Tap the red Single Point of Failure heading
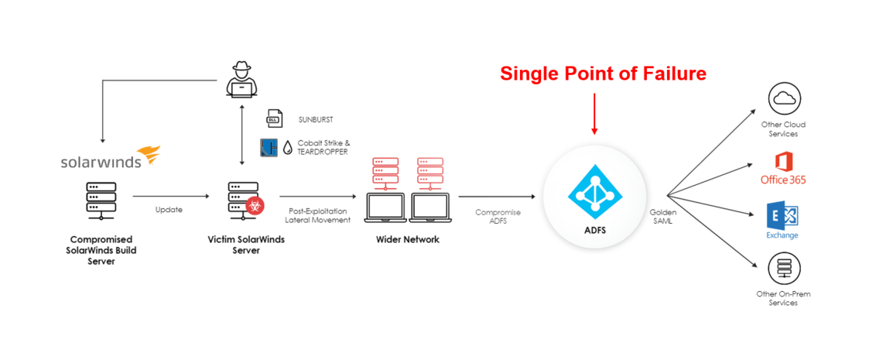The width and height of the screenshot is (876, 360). click(x=603, y=74)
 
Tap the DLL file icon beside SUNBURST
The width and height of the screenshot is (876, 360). click(x=273, y=119)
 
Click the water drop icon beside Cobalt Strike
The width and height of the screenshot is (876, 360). click(x=288, y=147)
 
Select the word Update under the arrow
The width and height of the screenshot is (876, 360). click(x=168, y=209)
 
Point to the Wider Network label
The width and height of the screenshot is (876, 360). click(x=407, y=239)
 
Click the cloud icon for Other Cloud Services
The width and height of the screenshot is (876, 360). click(x=783, y=99)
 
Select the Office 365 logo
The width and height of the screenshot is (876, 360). click(x=783, y=169)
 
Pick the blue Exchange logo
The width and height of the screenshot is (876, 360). click(x=782, y=219)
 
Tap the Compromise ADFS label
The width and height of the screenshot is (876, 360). click(x=498, y=216)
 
